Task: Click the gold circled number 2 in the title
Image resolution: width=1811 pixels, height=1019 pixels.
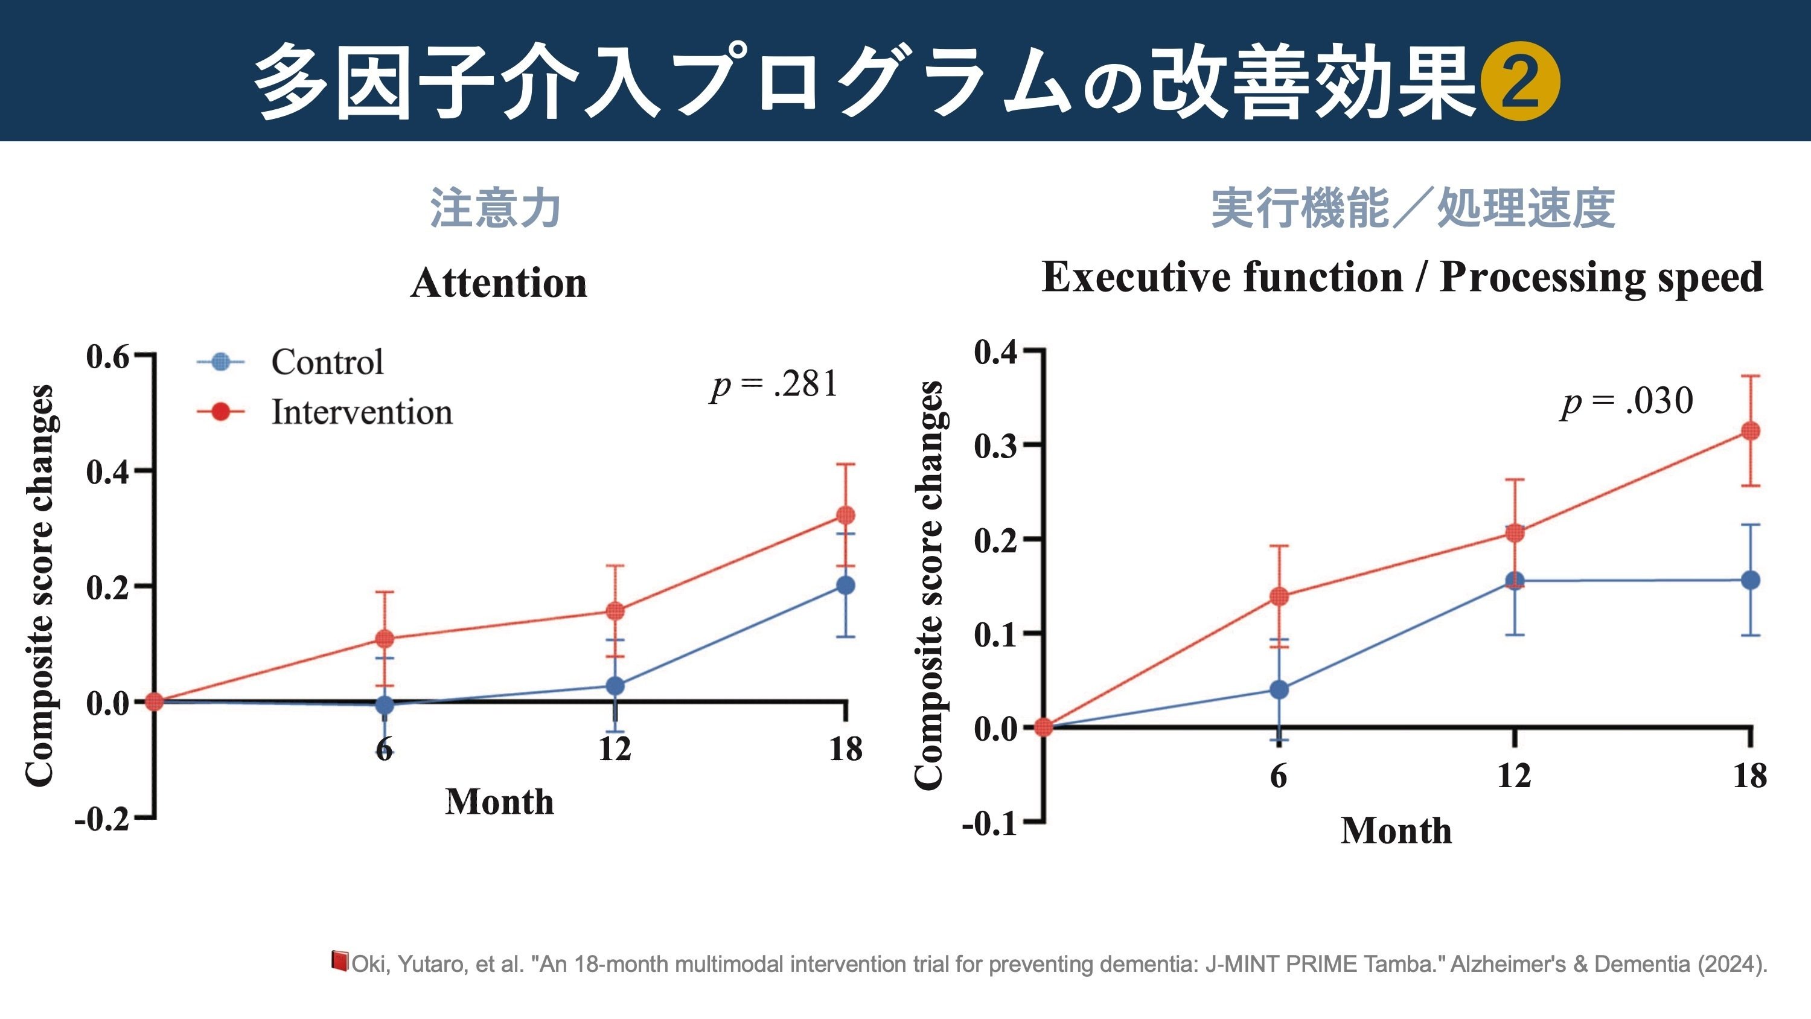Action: (x=1520, y=81)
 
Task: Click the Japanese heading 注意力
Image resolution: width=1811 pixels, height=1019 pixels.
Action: (x=495, y=208)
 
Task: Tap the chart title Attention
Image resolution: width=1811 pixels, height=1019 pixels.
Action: (x=499, y=283)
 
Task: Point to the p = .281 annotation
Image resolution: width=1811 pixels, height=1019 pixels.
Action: (x=774, y=385)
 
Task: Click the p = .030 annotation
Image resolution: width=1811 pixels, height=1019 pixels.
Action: (x=1627, y=401)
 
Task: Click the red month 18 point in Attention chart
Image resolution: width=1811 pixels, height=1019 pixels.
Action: (x=846, y=516)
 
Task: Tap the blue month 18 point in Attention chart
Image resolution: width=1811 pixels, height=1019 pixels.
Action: (x=846, y=585)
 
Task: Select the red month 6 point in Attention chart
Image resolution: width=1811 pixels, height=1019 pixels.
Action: (x=385, y=639)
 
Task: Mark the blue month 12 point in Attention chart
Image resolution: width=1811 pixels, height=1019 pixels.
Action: (x=615, y=686)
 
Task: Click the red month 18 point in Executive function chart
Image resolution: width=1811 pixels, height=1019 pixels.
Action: (x=1750, y=431)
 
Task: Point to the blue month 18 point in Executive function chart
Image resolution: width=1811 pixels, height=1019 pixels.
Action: (x=1750, y=580)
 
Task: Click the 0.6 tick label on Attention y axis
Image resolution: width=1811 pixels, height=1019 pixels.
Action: (x=107, y=357)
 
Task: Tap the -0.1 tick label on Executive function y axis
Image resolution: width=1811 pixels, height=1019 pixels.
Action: (x=990, y=823)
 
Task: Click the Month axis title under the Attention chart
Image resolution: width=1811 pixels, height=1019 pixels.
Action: (x=499, y=802)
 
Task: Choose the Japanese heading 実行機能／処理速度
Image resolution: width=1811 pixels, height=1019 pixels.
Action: (x=1413, y=208)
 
